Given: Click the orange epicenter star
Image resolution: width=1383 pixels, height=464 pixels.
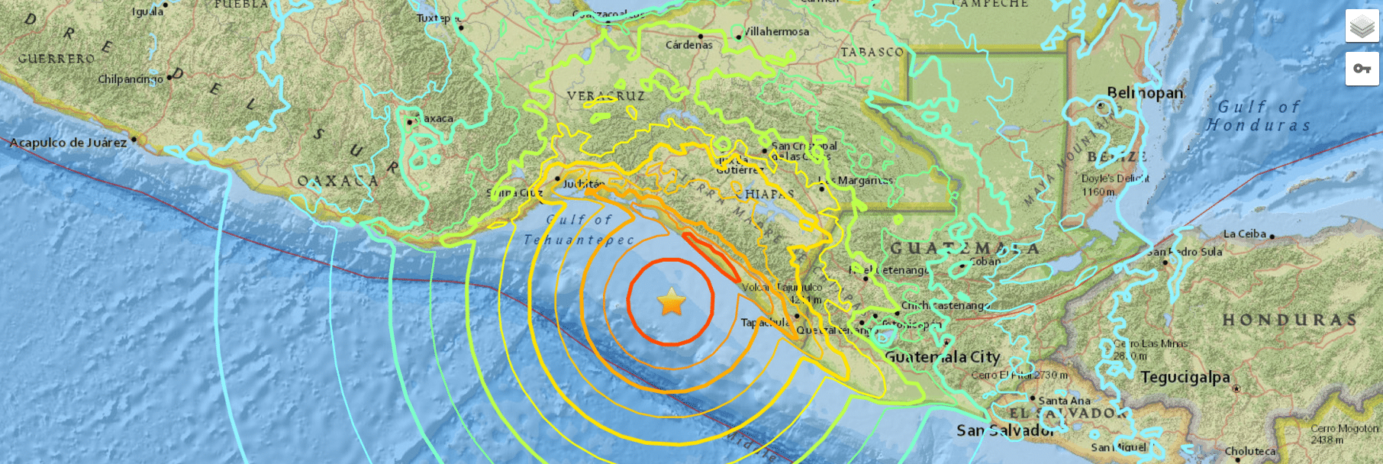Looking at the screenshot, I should pos(672,302).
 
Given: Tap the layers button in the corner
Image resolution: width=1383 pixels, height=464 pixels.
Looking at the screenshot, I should pos(1362,27).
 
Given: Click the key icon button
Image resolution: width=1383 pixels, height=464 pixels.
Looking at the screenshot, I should pos(1362,69).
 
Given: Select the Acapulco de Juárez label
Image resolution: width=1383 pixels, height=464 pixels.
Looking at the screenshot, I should pos(68,143).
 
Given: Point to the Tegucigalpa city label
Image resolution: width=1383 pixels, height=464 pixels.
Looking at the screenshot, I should pos(1185,377).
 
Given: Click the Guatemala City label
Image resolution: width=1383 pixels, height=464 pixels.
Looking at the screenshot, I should pos(942,356).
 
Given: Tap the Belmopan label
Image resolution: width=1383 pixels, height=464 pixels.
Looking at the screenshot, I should pos(1145,93).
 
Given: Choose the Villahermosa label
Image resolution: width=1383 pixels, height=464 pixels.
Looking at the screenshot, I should pos(776,31).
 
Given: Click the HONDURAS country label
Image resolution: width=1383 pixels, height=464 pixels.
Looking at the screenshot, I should pos(1289,320).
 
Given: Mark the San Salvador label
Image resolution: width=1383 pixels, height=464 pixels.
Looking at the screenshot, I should pos(1005,430).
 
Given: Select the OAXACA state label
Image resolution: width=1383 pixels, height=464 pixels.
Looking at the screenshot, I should pos(337,181).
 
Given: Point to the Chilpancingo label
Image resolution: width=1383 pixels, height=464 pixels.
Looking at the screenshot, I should pos(130,79).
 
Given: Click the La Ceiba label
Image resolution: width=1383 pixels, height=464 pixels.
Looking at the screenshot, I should pos(1244,234).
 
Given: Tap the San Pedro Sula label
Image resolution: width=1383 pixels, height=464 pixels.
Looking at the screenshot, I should pos(1185,252).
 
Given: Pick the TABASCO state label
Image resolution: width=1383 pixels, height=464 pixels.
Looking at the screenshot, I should pos(872,52).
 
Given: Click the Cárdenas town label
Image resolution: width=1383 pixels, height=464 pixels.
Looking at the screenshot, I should pos(688,45).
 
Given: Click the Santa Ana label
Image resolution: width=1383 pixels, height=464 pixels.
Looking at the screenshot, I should pos(1064,401).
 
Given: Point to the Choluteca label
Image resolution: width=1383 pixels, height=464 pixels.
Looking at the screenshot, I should pos(1249,451).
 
